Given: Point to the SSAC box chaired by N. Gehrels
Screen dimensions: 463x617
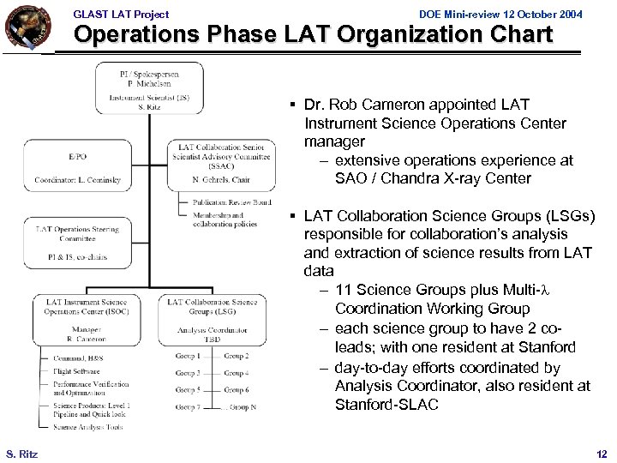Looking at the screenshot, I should (x=221, y=165).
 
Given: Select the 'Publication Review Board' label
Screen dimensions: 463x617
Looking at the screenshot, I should (x=231, y=202).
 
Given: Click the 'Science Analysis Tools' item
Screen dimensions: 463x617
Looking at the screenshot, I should (x=88, y=426).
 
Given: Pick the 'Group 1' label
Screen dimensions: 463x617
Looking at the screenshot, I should (x=188, y=356).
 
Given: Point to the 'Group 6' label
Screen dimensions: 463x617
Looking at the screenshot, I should (x=237, y=390).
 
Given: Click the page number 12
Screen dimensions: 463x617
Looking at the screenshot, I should (x=601, y=453).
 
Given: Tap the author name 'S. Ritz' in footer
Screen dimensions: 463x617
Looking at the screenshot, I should (x=21, y=453).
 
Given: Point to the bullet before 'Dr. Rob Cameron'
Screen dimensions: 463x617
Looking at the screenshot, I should (x=293, y=105).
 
